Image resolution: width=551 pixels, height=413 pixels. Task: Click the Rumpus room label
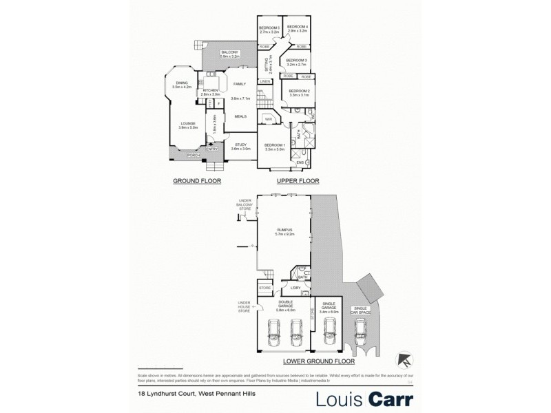coord(285,231)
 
